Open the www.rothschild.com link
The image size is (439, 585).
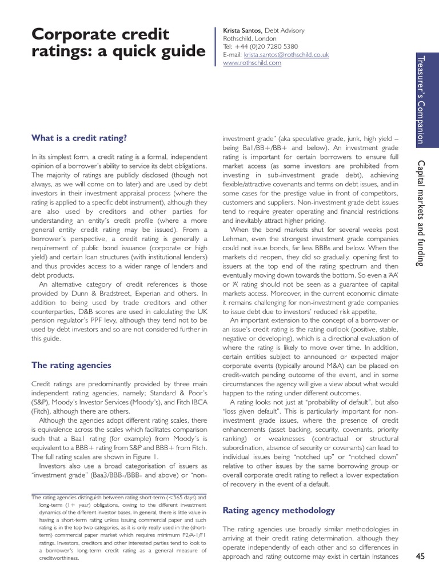pyautogui.click(x=252, y=63)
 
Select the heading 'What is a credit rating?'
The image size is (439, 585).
pyautogui.click(x=79, y=138)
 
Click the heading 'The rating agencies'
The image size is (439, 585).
pyautogui.click(x=71, y=365)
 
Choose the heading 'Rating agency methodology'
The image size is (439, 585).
pyautogui.click(x=278, y=510)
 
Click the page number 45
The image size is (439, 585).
pyautogui.click(x=421, y=557)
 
